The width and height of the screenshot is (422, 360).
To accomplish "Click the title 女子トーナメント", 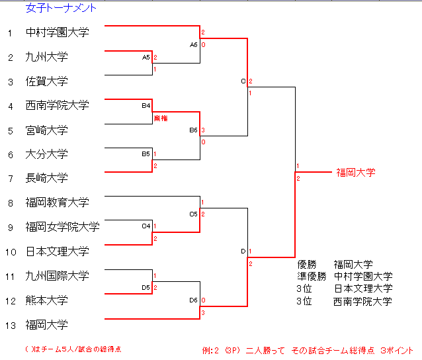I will pos(60,9).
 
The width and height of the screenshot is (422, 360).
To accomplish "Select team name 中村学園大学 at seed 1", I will pos(57,32).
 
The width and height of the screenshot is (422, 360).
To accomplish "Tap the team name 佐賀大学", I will pos(46,81).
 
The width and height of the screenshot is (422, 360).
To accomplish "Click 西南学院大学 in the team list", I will pos(57,105).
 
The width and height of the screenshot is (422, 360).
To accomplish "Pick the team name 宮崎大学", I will pos(46,130).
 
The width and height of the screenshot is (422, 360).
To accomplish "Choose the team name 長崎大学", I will pos(46,178).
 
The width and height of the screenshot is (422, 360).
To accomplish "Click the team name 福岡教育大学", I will pos(57,202).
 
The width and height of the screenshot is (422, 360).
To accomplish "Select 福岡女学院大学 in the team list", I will pos(62,227).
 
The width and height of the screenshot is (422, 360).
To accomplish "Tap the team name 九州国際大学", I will pos(57,276).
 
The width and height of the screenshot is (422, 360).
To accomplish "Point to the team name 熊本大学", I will pos(46,300).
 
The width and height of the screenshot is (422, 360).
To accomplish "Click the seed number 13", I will pos(10,325).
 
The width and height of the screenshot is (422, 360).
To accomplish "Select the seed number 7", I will pos(10,178).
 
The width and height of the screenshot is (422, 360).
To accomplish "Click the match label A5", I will pos(146,58).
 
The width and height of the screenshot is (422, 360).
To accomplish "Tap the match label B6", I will pos(193,130).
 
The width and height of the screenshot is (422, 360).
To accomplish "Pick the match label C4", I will pos(146,226).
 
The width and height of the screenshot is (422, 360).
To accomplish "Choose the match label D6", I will pos(193,300).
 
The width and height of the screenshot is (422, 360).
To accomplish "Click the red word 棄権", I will pos(161,118).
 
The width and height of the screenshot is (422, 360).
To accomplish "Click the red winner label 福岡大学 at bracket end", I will pos(356,172).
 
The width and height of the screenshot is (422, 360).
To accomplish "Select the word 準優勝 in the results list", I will pos(312,276).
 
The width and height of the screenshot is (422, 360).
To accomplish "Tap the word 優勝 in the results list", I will pos(308,264).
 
